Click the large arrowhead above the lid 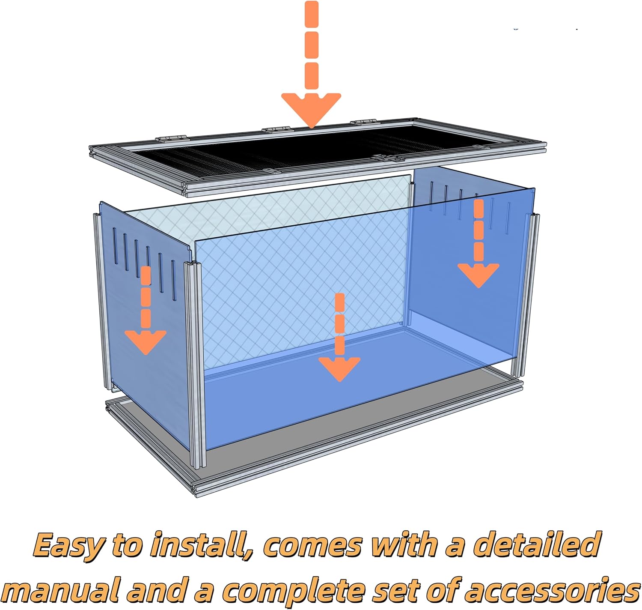[311, 108]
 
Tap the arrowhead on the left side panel [146, 341]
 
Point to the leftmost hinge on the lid [172, 138]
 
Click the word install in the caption [201, 545]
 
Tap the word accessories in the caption [552, 590]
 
